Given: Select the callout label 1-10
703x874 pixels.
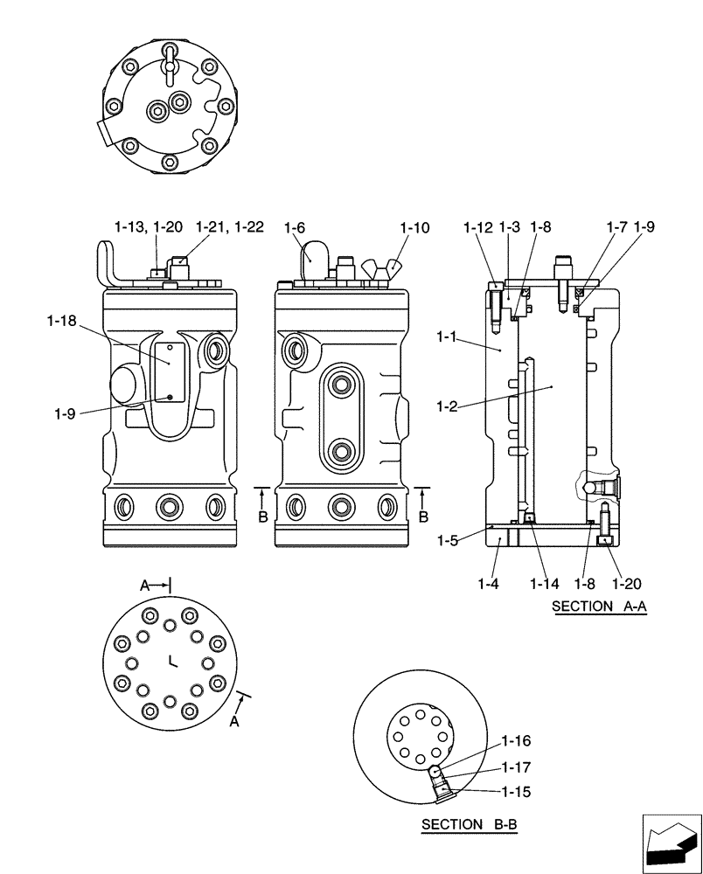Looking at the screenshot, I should point(414,228).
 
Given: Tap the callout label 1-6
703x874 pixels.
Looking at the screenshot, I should point(294,228).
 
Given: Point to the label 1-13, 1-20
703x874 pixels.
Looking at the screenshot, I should point(148,227).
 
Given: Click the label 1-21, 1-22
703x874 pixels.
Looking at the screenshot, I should point(229,227).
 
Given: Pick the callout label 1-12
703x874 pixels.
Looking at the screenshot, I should point(479,228).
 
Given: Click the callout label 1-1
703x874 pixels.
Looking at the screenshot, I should point(449,336).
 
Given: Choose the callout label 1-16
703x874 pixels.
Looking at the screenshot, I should point(516,741).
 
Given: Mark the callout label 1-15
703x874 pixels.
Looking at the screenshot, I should point(516,792).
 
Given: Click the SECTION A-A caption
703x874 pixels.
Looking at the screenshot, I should point(599,607).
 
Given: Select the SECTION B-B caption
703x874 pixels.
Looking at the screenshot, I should point(468,824).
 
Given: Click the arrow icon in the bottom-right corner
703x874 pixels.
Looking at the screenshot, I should point(671,843).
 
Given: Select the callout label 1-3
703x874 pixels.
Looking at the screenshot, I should point(510,228).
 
